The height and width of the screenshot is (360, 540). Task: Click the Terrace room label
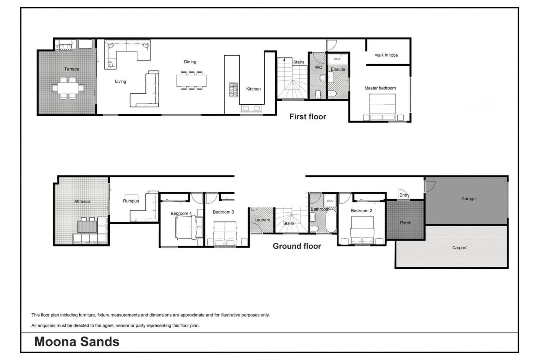71,69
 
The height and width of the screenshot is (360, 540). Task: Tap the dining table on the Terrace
68,88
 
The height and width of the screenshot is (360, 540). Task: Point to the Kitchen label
253,89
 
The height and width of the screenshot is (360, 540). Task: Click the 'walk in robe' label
386,55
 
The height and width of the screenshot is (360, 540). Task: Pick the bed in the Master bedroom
382,107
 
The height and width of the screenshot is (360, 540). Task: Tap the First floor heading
308,116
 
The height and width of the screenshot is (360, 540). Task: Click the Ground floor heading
297,246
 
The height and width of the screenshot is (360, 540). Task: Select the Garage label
468,199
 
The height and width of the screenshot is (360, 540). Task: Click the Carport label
459,247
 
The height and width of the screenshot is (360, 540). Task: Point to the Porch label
405,223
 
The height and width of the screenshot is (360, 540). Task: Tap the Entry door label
404,195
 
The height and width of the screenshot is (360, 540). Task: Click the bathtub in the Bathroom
331,221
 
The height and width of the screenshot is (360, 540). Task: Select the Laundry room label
262,220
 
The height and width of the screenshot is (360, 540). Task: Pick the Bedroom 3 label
223,212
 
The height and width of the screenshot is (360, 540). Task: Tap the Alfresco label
82,201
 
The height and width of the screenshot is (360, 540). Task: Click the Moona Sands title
77,342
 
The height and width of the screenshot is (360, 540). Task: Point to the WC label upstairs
318,67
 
